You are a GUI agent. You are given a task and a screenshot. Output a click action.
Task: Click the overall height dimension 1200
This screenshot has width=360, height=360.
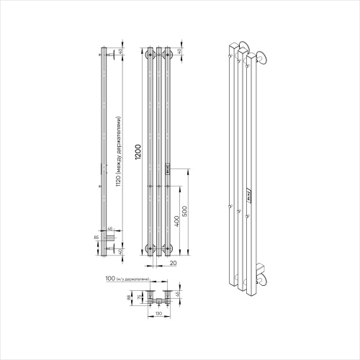pos(138,153)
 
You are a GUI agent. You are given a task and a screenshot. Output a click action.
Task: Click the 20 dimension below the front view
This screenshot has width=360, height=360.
pos(174,263)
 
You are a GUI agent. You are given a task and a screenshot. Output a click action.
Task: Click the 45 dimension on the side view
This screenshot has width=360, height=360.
pos(110,230)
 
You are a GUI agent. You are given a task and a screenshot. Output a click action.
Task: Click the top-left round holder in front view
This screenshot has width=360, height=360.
pos(150,54)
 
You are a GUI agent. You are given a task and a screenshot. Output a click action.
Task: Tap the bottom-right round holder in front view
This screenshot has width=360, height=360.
pos(168,249)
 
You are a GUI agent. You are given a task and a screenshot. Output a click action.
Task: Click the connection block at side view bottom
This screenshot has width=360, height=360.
pos(109,236)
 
